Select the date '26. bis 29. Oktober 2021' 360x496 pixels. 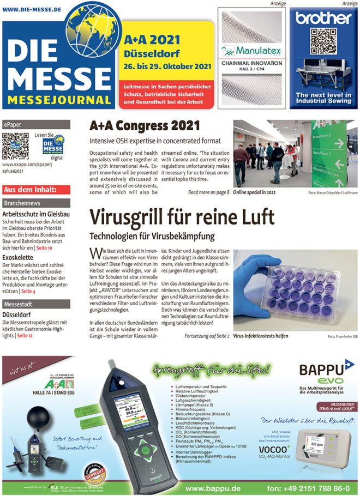tap(167, 66)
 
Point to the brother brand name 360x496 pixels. tap(323, 17)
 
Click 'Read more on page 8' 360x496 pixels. tap(208, 192)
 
